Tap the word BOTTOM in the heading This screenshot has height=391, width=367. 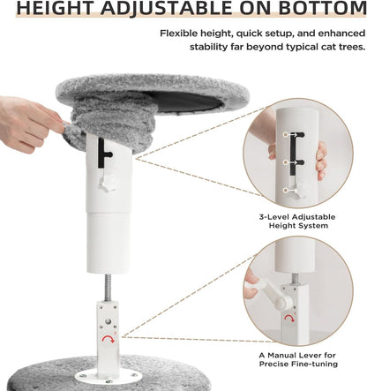[x=319, y=11]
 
